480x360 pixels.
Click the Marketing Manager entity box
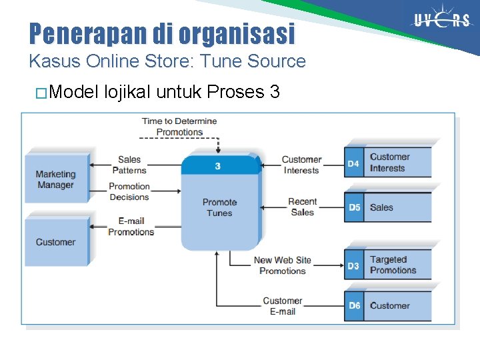pyautogui.click(x=57, y=179)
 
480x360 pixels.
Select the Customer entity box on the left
pyautogui.click(x=56, y=242)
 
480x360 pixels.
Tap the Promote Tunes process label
pyautogui.click(x=219, y=207)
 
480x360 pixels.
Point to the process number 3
pyautogui.click(x=218, y=166)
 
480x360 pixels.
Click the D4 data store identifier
pyautogui.click(x=353, y=163)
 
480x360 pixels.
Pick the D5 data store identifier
pyautogui.click(x=353, y=207)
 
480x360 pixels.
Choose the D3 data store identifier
pyautogui.click(x=353, y=265)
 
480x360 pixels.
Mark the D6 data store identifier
pyautogui.click(x=353, y=305)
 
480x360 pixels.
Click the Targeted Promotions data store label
pyautogui.click(x=393, y=265)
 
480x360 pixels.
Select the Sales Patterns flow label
pyautogui.click(x=129, y=165)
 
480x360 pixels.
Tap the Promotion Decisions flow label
pyautogui.click(x=129, y=191)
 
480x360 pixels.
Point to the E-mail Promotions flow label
pyautogui.click(x=131, y=227)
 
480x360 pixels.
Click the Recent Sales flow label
pyautogui.click(x=302, y=207)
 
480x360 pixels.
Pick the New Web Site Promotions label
pyautogui.click(x=282, y=265)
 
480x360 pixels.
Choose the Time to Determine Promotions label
pyautogui.click(x=179, y=127)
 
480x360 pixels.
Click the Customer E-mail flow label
pyautogui.click(x=282, y=306)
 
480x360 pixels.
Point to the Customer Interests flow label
pyautogui.click(x=301, y=165)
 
